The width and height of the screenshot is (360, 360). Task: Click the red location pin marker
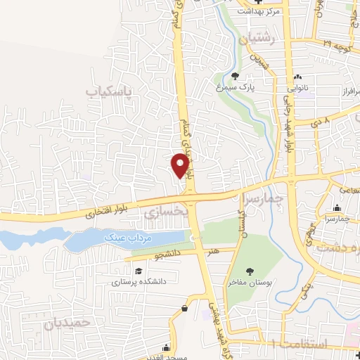(181, 166)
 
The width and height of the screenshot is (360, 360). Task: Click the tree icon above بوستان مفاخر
(249, 271)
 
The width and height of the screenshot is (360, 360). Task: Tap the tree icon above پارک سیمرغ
(235, 76)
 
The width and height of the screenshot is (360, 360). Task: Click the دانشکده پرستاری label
(138, 283)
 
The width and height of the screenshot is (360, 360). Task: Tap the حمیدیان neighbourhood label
(68, 324)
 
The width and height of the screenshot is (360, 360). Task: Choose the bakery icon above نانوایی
(300, 77)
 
